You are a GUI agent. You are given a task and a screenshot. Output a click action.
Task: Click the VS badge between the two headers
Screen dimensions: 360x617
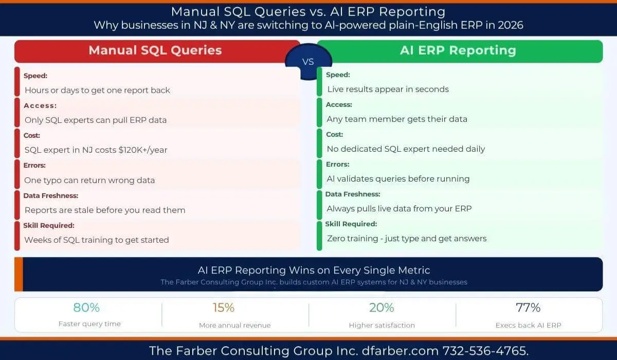tap(308, 62)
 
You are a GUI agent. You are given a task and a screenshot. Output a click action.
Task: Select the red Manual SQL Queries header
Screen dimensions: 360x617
tap(155, 50)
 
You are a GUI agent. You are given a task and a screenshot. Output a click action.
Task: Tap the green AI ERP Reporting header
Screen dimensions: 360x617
tap(458, 50)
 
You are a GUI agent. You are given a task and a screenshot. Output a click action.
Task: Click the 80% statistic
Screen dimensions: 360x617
tap(86, 308)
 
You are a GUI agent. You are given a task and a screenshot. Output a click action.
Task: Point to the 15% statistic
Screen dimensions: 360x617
tap(224, 308)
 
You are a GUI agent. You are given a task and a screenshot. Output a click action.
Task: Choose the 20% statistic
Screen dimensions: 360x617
tap(382, 308)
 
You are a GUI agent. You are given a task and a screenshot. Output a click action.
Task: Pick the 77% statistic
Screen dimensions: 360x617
tap(528, 308)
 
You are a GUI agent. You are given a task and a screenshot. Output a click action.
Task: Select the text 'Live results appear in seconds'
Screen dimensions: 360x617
tap(388, 89)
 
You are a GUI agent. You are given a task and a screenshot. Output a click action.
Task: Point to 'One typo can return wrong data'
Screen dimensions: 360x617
tap(89, 181)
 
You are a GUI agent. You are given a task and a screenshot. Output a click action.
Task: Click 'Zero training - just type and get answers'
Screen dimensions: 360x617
tap(407, 239)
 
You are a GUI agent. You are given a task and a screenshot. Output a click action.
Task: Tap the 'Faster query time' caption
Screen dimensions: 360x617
tap(89, 324)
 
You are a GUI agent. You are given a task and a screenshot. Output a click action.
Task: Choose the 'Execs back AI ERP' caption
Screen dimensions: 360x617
tap(528, 325)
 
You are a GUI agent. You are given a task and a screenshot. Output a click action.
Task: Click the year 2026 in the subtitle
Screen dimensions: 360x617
tap(509, 25)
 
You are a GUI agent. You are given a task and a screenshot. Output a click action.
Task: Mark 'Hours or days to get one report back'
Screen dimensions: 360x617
tap(97, 91)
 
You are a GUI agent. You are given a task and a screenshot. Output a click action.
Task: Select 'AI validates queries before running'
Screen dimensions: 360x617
tap(398, 179)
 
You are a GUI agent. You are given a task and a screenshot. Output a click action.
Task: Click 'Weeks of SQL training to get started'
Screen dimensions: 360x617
tap(97, 240)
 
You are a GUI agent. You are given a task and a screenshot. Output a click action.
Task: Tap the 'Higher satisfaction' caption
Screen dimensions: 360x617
tap(382, 325)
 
